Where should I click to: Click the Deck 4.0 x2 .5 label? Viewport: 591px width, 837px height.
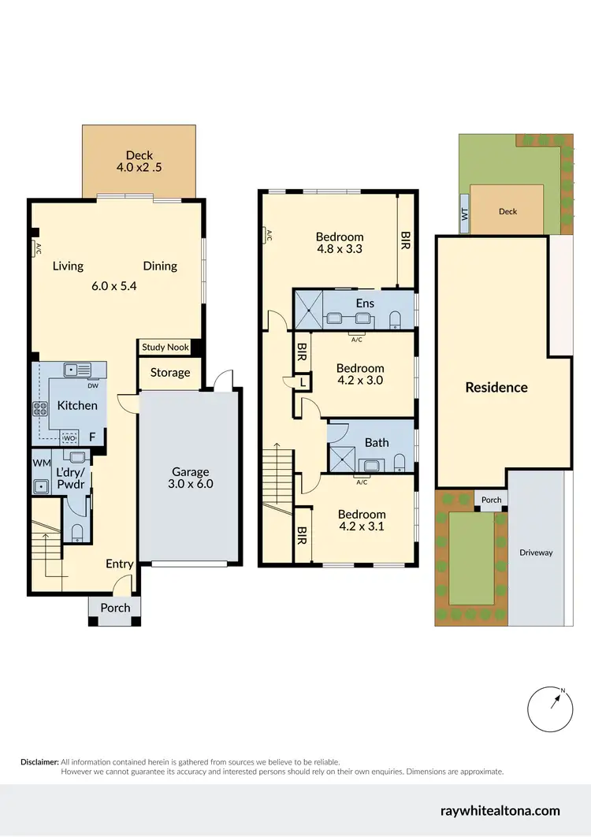(x=139, y=162)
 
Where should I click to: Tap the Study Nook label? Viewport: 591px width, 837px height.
(x=165, y=348)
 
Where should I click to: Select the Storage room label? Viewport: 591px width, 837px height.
(x=169, y=372)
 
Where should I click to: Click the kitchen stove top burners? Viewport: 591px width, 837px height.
(x=39, y=408)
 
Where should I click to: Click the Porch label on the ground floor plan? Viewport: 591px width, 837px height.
(x=114, y=608)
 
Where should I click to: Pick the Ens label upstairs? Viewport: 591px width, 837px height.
(x=365, y=303)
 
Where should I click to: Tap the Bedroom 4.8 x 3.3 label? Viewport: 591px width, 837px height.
(x=340, y=243)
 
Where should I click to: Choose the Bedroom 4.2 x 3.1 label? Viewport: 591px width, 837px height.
(x=361, y=520)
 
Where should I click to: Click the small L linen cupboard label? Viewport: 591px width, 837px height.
(x=303, y=382)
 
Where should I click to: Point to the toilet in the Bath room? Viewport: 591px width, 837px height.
(x=400, y=461)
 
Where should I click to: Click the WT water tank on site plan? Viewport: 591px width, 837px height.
(x=464, y=214)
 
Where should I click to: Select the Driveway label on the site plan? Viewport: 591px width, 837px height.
(x=536, y=552)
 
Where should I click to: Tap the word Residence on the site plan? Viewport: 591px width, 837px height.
(x=496, y=387)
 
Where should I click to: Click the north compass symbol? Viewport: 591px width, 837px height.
(x=550, y=709)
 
